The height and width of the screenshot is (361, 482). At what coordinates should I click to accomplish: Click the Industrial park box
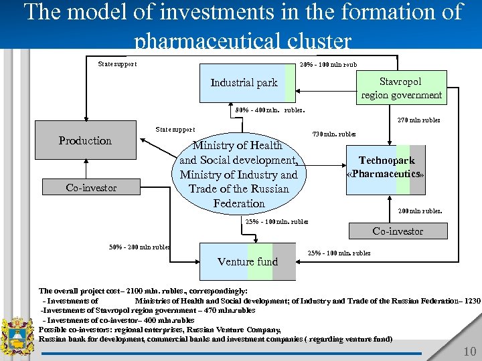(x=244, y=83)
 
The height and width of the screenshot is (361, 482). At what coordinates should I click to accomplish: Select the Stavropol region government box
(x=401, y=88)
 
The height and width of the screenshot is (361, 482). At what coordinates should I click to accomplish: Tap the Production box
(x=85, y=140)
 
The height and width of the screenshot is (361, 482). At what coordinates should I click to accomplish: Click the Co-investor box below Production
(x=91, y=188)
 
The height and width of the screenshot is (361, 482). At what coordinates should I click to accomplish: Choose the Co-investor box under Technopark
(x=398, y=231)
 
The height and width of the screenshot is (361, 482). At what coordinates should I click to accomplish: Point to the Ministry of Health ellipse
(x=239, y=174)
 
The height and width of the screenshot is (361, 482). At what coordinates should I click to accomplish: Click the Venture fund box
(x=248, y=261)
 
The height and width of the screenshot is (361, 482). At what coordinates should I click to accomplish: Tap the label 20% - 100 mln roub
(x=329, y=64)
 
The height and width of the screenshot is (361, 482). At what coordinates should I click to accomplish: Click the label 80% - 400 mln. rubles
(x=270, y=110)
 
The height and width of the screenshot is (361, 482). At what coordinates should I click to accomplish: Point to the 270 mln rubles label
(x=418, y=121)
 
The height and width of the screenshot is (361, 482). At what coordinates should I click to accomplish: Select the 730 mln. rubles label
(x=333, y=134)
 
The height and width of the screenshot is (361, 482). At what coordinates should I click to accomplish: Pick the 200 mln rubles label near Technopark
(x=420, y=211)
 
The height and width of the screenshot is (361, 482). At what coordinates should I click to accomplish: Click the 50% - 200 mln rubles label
(x=139, y=247)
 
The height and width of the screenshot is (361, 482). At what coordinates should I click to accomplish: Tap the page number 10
(x=469, y=352)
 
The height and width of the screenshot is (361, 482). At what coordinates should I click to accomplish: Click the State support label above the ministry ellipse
(x=175, y=130)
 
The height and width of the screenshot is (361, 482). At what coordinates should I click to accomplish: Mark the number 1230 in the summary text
(x=471, y=301)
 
